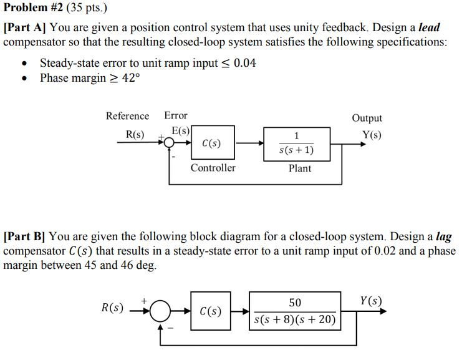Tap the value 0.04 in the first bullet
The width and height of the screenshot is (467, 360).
(244, 64)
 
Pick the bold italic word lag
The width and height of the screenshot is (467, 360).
(443, 237)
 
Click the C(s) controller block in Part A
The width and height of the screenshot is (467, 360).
(212, 144)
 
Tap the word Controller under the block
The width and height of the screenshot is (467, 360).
(213, 168)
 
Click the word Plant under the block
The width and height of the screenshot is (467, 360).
(300, 168)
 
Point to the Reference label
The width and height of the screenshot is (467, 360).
(127, 116)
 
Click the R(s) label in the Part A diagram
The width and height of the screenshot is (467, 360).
(135, 135)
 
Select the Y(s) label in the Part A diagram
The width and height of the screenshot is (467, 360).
(372, 135)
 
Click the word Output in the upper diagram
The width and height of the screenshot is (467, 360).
(367, 118)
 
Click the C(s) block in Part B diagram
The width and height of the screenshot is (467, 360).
(210, 310)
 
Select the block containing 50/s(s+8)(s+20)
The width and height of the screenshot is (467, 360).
(295, 311)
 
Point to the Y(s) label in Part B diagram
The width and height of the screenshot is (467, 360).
(371, 301)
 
